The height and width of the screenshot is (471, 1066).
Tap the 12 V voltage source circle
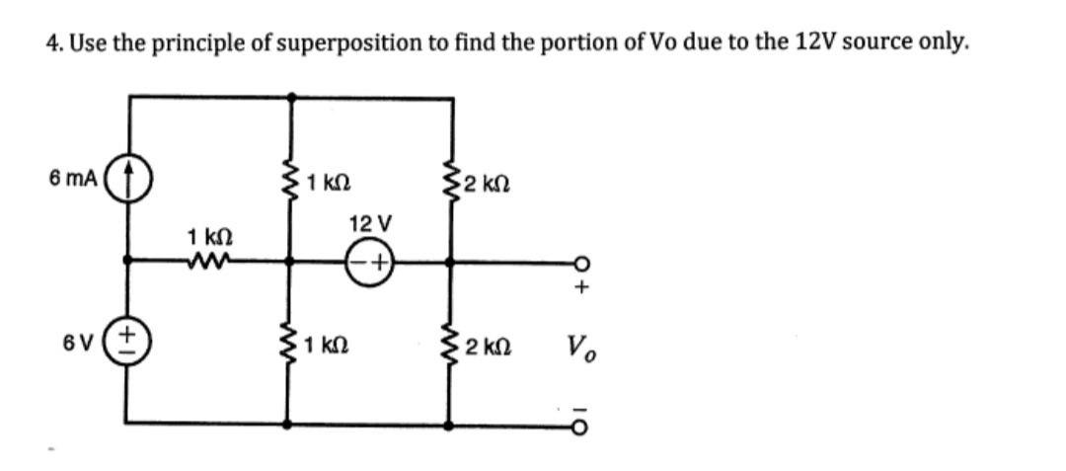(371, 262)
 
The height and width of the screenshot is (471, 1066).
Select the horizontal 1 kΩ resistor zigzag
(208, 262)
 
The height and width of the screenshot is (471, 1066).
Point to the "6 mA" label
(72, 180)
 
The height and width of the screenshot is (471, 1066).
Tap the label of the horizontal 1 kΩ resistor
(209, 237)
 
